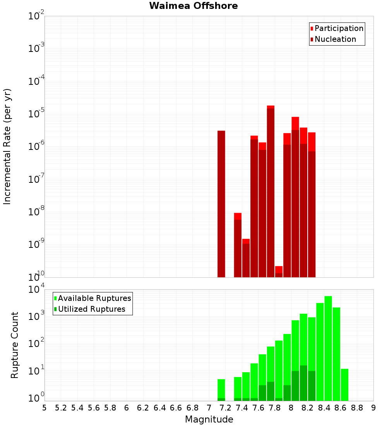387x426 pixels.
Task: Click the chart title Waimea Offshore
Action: point(193,6)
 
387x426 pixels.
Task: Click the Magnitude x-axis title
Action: point(209,419)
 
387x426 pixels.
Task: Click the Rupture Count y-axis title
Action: point(15,345)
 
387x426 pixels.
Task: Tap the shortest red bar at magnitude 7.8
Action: point(279,271)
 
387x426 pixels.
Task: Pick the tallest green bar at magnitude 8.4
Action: point(328,348)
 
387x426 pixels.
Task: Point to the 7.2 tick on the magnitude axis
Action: point(225,408)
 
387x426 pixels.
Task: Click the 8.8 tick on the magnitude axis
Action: point(357,408)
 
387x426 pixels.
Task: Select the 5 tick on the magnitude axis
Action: point(45,408)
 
